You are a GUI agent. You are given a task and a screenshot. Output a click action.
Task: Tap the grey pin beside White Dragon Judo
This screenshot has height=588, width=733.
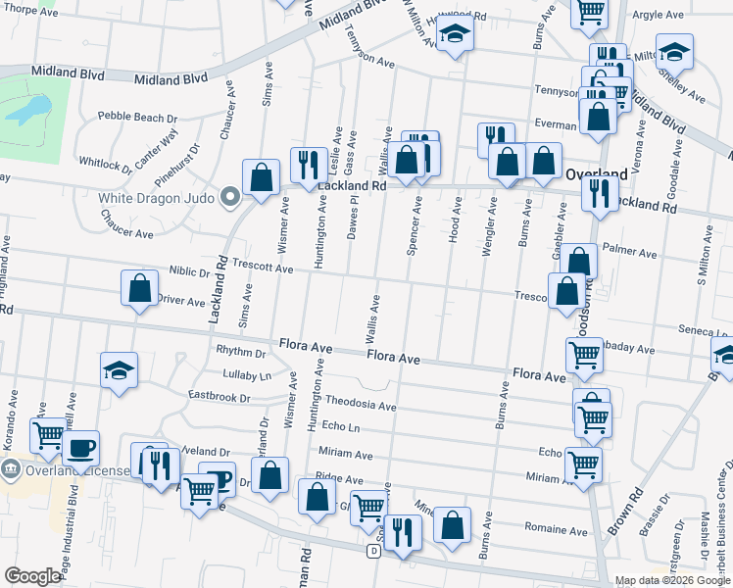click(231, 197)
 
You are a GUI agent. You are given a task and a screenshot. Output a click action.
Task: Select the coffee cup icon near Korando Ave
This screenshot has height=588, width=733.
click(80, 447)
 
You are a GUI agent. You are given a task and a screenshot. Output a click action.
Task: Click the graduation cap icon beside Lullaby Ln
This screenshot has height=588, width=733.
click(120, 369)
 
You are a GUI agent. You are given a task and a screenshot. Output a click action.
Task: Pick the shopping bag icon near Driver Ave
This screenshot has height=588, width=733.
click(140, 288)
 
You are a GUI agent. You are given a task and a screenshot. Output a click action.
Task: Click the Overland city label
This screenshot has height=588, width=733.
click(596, 173)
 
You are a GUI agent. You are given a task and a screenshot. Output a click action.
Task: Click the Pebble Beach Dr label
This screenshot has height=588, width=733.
click(137, 118)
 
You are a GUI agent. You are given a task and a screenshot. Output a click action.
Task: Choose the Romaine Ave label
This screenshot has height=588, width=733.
click(557, 530)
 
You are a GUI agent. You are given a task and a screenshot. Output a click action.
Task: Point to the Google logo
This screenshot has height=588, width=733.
click(32, 576)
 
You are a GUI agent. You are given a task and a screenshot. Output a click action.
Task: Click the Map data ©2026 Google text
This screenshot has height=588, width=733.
click(672, 580)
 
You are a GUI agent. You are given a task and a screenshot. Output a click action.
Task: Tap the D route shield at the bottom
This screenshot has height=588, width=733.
click(373, 552)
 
